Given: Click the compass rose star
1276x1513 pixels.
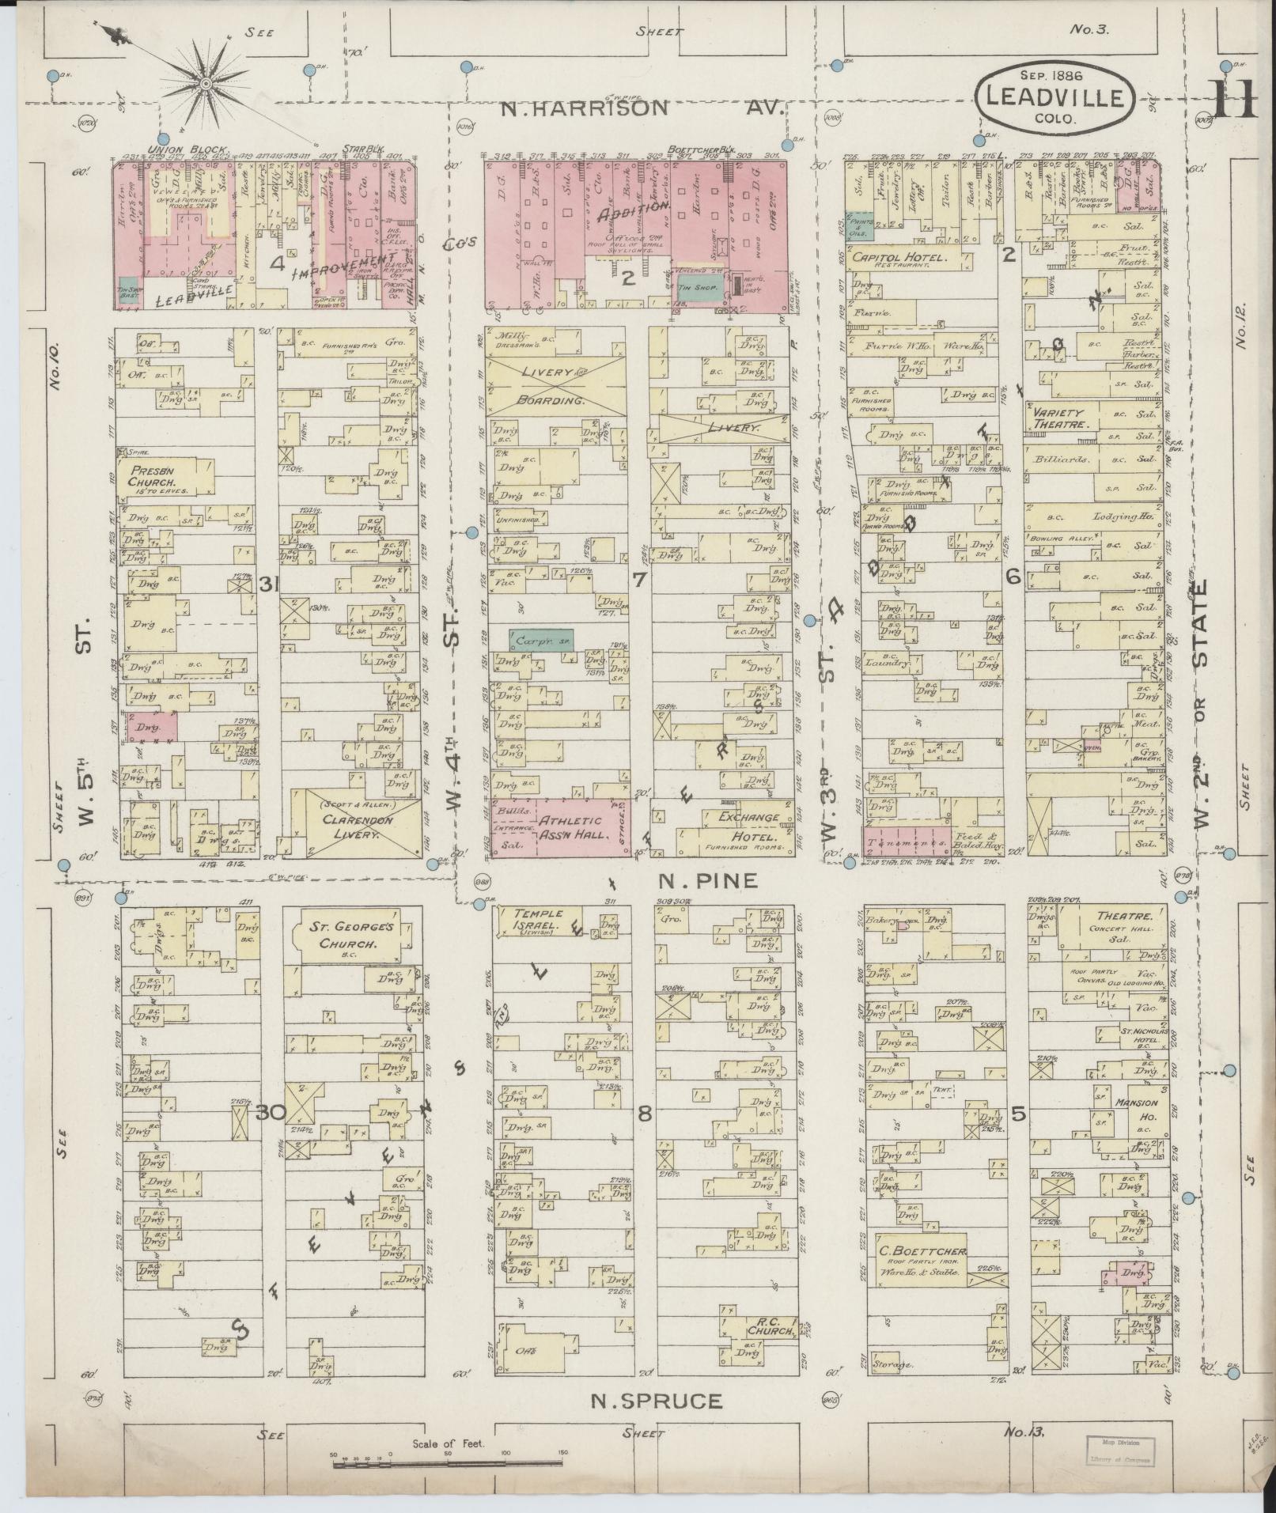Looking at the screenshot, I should [x=205, y=83].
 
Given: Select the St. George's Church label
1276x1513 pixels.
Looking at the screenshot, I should [x=349, y=936].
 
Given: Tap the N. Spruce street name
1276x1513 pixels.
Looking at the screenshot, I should [x=657, y=1401].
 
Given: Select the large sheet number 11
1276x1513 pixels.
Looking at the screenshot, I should [x=1233, y=100].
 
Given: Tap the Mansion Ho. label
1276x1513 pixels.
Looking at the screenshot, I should [x=1137, y=1108].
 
